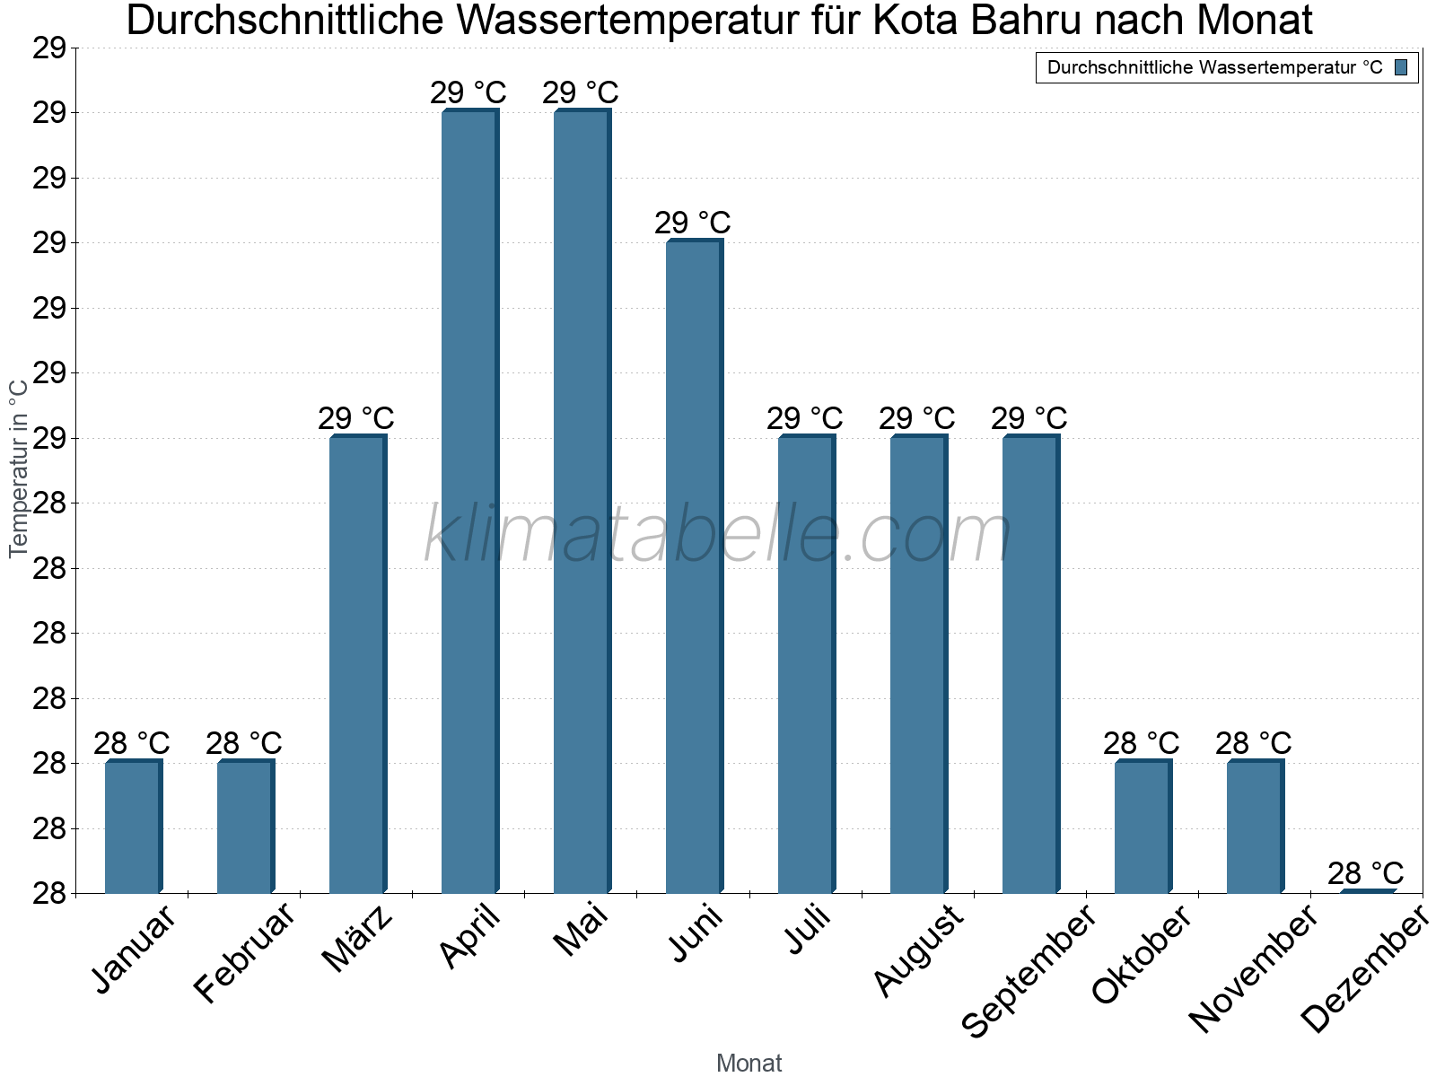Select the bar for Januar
click(133, 827)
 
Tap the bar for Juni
click(694, 566)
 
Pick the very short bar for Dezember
click(1367, 891)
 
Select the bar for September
click(1030, 664)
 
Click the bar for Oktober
click(1143, 827)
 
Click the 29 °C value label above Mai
click(581, 92)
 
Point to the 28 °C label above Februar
click(244, 743)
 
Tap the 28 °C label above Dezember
click(1365, 873)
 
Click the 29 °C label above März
click(356, 418)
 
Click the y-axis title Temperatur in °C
click(19, 468)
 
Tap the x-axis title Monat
click(749, 1064)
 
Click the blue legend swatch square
click(1402, 67)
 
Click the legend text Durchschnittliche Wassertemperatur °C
click(1214, 67)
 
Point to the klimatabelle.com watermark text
click(718, 535)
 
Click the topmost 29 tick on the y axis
click(50, 48)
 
